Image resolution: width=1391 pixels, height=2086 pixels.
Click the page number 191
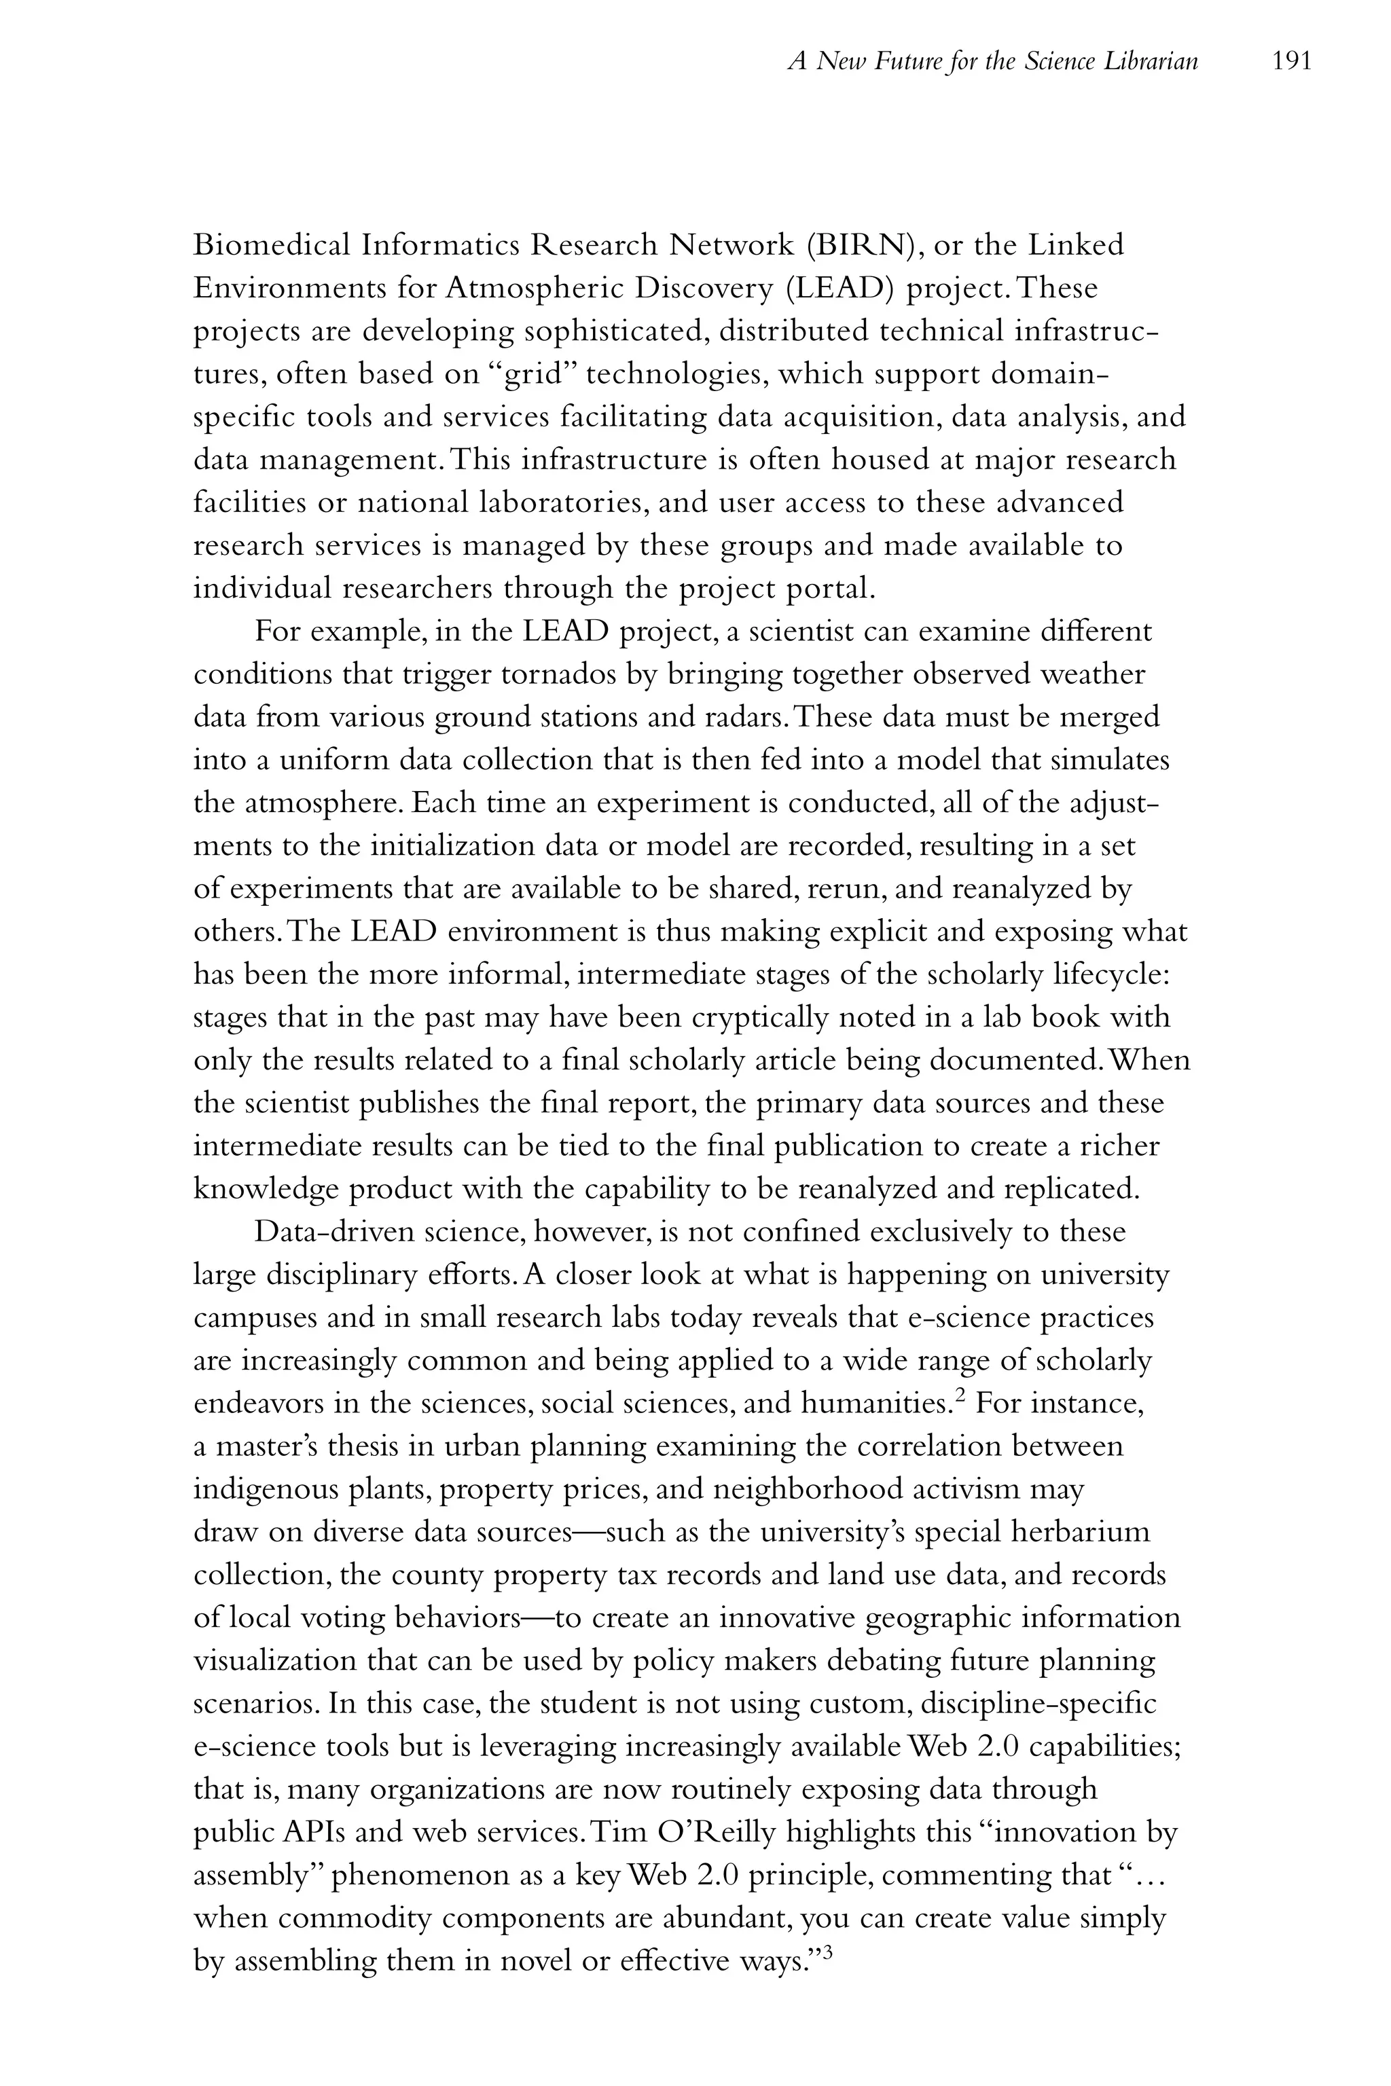(1290, 61)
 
